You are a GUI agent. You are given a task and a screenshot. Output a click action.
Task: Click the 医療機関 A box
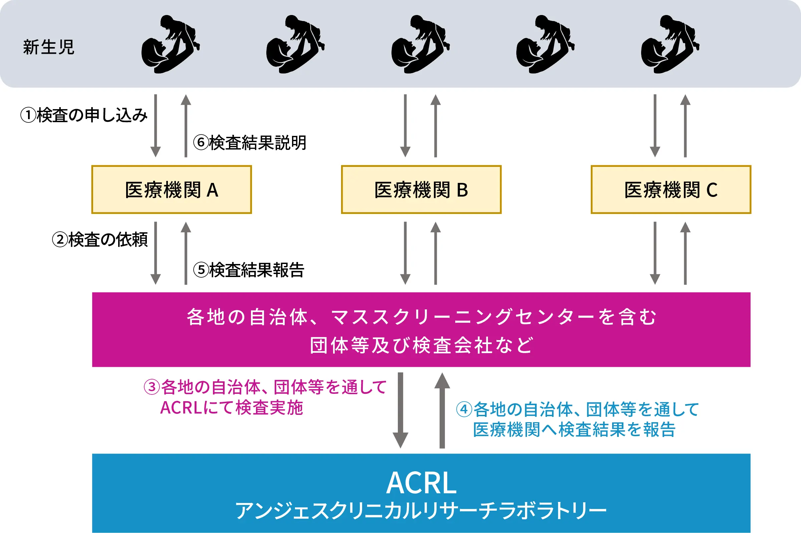(x=171, y=190)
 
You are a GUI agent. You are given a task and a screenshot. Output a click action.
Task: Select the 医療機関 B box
(x=421, y=190)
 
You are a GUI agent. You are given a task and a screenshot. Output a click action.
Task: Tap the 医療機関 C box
(x=671, y=190)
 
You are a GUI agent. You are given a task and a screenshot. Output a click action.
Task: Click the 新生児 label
(x=49, y=47)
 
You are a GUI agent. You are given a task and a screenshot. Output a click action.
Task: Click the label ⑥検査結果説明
(x=250, y=143)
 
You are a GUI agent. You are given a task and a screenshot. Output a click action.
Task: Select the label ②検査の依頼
(x=100, y=239)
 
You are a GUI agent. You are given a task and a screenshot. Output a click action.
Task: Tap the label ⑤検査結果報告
(x=249, y=270)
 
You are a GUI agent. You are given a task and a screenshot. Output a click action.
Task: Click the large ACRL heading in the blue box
(x=422, y=483)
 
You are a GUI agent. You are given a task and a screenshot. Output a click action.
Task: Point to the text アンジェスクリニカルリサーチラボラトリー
(x=422, y=511)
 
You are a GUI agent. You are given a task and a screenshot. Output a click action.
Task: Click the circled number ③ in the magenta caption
(x=152, y=387)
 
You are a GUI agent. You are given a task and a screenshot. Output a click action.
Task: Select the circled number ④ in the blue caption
(x=464, y=410)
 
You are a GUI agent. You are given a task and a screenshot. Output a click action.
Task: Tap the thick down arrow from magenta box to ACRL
(x=400, y=410)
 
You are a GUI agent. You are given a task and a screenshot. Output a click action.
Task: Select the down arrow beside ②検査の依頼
(x=156, y=253)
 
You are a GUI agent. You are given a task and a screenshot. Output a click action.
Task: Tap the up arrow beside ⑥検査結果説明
(x=186, y=126)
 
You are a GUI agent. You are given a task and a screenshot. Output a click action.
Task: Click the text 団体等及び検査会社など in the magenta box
(x=422, y=345)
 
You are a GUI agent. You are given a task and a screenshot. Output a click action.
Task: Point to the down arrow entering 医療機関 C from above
(x=655, y=126)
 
